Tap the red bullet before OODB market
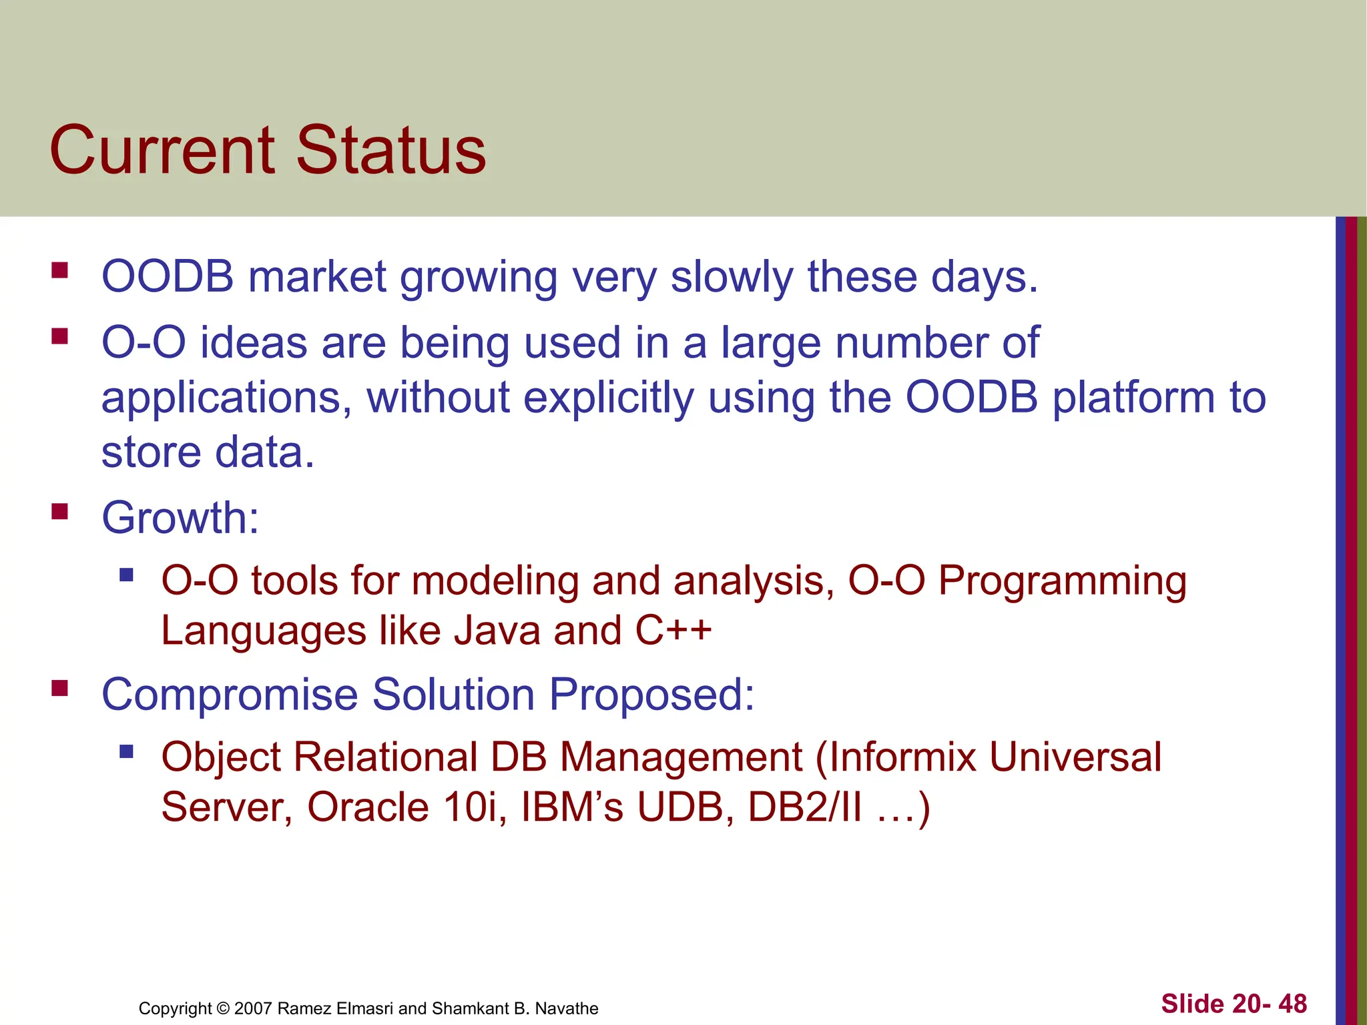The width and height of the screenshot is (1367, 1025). coord(60,270)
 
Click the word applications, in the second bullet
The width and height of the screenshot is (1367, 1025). coord(226,398)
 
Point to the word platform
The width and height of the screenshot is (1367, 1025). coord(1133,398)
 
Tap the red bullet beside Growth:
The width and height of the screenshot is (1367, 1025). coord(60,512)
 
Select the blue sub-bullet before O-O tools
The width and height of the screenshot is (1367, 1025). coord(126,574)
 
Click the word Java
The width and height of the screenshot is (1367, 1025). coord(497,631)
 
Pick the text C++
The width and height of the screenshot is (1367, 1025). coord(673,631)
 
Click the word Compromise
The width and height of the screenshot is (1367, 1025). coord(230,694)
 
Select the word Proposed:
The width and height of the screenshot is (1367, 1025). coord(652,694)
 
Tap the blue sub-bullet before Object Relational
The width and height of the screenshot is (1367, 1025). coord(126,752)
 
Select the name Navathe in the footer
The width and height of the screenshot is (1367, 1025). coord(567,1008)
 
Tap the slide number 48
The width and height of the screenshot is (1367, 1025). coord(1293,1004)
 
